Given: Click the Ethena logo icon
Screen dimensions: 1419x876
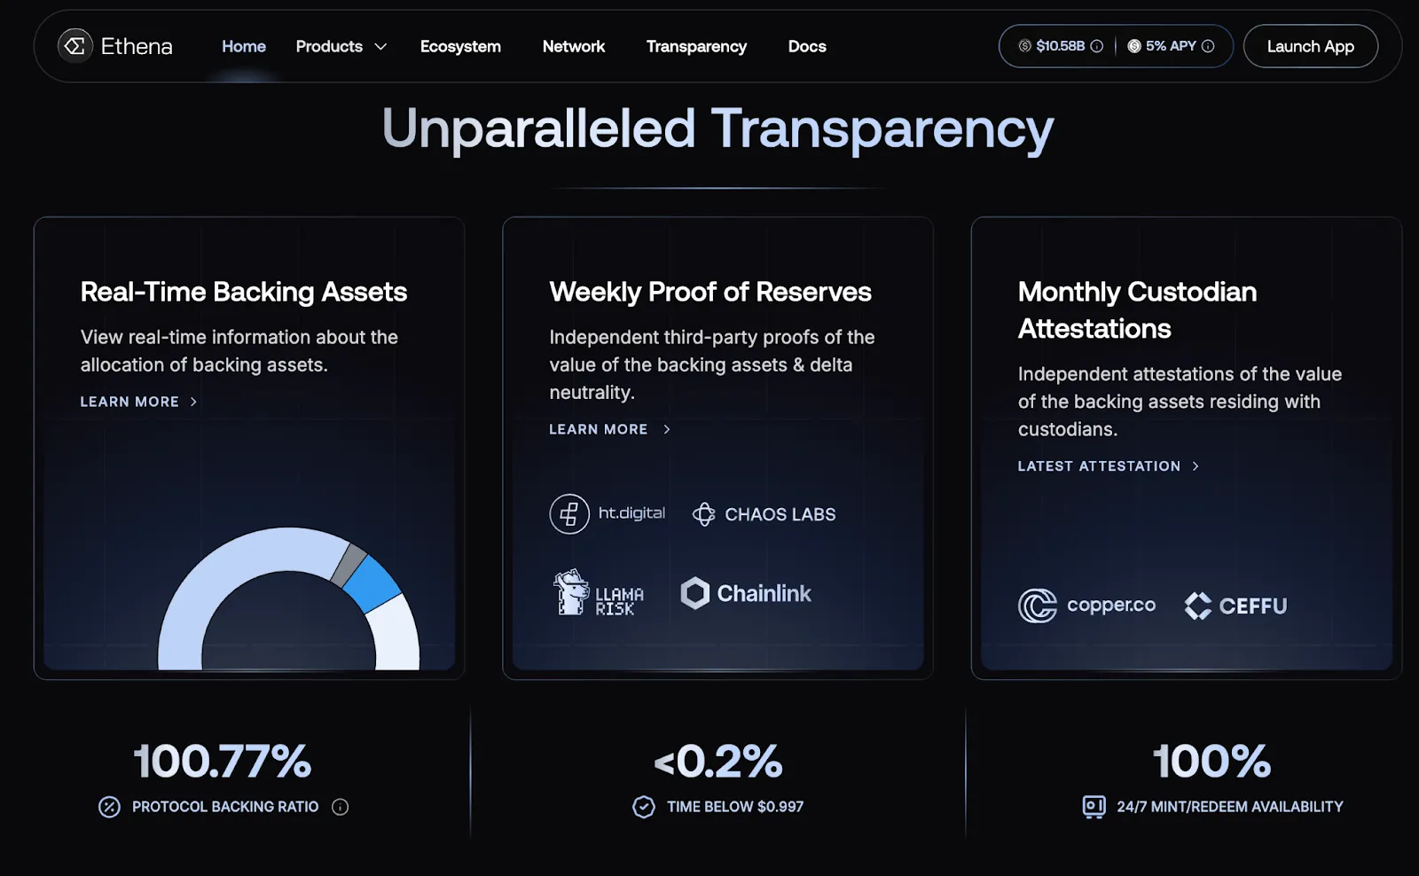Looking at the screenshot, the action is pos(74,46).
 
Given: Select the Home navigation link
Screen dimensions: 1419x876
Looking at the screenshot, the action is pos(243,46).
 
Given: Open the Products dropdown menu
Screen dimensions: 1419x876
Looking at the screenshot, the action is pos(341,46).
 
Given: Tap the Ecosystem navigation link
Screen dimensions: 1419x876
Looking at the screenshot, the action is pos(460,46).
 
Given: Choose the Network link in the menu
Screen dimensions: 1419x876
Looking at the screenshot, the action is pos(573,46).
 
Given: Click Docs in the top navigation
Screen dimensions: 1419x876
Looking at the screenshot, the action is pos(807,46).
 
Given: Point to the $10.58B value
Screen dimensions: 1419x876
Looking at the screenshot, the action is pos(1061,46).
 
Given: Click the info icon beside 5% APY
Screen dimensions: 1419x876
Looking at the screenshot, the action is pos(1208,46).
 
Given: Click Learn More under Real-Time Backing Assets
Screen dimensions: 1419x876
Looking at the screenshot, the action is pos(138,402).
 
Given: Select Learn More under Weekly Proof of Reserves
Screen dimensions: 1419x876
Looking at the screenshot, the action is pos(609,429).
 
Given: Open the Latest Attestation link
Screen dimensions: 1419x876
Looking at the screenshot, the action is pos(1108,466).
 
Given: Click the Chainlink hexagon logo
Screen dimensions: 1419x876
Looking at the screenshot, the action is pos(695,593).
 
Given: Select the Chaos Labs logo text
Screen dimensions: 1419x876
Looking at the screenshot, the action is pos(780,514).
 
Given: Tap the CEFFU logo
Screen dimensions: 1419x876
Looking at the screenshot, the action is pos(1235,606).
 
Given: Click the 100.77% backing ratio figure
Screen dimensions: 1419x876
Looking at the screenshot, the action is pos(223,761).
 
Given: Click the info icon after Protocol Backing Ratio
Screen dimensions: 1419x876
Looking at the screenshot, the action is pos(341,807).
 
